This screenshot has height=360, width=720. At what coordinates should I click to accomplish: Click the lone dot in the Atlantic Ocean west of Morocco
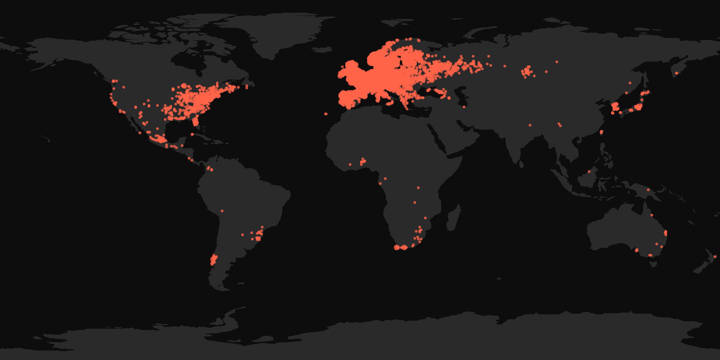click(x=326, y=114)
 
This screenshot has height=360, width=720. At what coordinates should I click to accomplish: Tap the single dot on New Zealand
click(x=715, y=257)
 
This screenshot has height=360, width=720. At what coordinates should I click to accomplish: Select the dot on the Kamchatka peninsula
click(x=676, y=73)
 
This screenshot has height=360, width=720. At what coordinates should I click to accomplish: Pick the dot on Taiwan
click(x=601, y=132)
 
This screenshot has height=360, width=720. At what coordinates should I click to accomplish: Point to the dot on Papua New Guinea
click(x=648, y=190)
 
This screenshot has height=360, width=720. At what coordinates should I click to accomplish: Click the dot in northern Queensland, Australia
click(x=651, y=215)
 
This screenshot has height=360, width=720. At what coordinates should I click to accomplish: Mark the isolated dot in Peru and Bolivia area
click(x=222, y=211)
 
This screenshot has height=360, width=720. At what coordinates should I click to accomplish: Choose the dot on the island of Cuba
click(x=192, y=134)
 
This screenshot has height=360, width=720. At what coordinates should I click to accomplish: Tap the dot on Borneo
click(x=589, y=172)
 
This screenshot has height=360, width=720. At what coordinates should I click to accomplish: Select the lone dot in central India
click(x=530, y=125)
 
